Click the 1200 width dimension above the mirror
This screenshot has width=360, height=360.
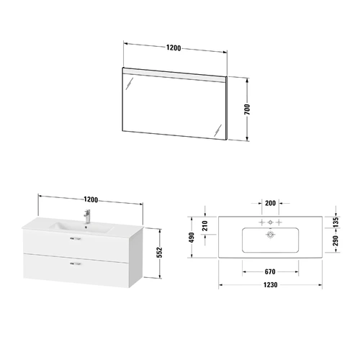click(174, 48)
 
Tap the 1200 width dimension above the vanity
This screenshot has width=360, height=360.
click(91, 199)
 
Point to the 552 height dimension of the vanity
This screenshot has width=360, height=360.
click(160, 252)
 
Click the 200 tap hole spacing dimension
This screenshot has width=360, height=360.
click(270, 203)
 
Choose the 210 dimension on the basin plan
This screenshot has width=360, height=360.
click(204, 226)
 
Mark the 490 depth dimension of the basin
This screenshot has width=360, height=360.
click(192, 238)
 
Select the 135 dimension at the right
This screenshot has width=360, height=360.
click(336, 222)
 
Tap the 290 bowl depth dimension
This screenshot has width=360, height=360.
click(336, 240)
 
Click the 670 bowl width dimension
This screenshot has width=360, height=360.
click(270, 271)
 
